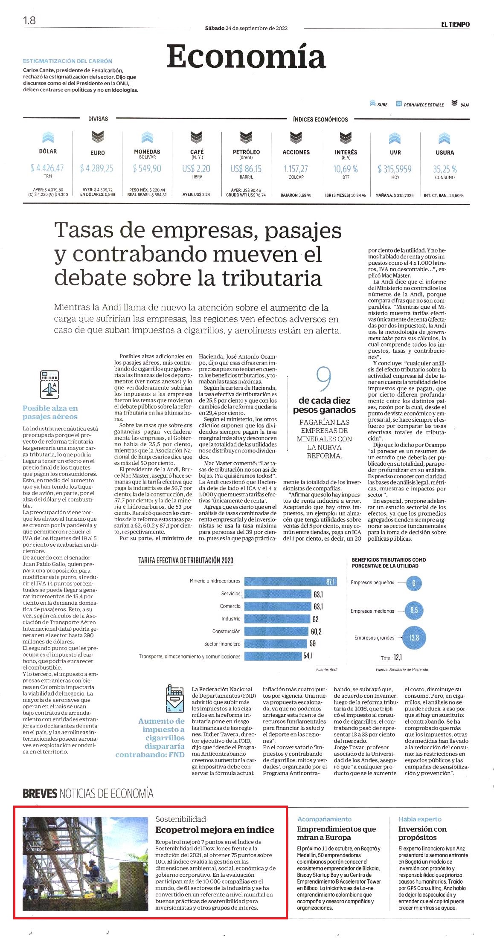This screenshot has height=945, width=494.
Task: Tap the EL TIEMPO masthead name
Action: tap(455, 25)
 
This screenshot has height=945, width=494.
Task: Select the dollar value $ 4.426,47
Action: tap(47, 168)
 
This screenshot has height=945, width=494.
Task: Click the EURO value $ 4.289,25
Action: tap(97, 168)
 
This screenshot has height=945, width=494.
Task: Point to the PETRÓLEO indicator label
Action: tap(246, 152)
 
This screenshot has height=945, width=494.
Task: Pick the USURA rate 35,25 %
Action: tap(445, 169)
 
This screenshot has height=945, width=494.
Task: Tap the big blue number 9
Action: tap(324, 379)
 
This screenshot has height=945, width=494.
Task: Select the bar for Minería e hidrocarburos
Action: tap(291, 582)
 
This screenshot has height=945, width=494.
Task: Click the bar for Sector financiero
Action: tap(276, 644)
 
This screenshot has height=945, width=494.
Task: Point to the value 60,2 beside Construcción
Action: tap(316, 632)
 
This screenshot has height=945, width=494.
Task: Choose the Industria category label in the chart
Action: tap(231, 619)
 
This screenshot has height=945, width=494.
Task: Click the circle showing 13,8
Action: tap(414, 638)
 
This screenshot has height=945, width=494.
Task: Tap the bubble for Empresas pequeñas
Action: tap(413, 583)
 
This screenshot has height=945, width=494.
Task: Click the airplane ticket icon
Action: tap(49, 384)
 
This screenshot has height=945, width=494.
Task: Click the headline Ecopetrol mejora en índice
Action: tap(215, 830)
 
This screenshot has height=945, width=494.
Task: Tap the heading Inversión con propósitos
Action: tap(422, 833)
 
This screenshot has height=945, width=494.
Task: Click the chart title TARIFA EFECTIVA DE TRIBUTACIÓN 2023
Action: tap(186, 560)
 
